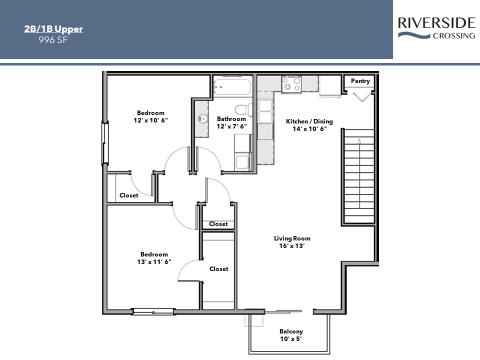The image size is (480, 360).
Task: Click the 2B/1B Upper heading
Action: coord(53,29)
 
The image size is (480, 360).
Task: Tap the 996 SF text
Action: coord(53,40)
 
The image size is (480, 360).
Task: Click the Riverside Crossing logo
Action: coord(436,28)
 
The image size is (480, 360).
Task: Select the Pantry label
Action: coord(360,81)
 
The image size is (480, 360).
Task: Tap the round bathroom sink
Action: coord(202,119)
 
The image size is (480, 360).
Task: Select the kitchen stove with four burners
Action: coord(291,84)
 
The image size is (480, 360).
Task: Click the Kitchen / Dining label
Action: coord(309,125)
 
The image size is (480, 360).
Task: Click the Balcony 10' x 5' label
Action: coord(291,335)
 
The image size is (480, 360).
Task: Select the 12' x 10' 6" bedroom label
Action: coord(150,116)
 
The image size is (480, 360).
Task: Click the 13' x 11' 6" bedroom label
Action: coord(154,258)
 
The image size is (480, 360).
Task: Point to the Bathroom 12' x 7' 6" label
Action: coord(231,122)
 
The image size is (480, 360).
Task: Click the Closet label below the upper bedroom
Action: coord(128,195)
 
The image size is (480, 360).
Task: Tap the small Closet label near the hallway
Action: coord(218,224)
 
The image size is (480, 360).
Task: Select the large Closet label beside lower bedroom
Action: coord(218,269)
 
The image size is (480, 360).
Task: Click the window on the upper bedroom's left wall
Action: coord(105,143)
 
